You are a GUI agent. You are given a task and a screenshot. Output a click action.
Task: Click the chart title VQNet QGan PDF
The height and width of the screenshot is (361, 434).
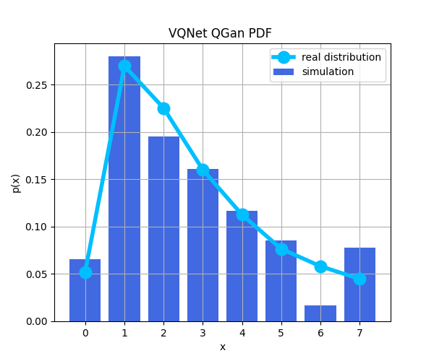click(220, 33)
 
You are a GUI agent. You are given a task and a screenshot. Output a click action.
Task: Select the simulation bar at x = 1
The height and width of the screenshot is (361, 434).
click(124, 195)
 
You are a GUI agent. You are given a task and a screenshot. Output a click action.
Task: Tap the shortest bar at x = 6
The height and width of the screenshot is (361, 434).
click(320, 313)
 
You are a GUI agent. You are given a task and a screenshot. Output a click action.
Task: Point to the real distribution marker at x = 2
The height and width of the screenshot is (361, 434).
click(163, 108)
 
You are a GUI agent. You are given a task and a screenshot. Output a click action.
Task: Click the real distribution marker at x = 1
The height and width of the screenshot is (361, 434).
click(124, 66)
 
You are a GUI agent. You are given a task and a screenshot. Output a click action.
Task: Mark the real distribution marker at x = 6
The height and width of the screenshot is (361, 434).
click(320, 266)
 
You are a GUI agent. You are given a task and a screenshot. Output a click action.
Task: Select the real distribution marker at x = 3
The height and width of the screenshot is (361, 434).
click(203, 170)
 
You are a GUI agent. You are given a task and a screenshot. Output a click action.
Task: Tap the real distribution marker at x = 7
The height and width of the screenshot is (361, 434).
click(359, 279)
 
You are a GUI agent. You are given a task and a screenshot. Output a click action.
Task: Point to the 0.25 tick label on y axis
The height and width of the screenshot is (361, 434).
click(37, 85)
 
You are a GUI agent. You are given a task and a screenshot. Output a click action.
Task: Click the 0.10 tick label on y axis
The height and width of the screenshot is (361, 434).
click(37, 227)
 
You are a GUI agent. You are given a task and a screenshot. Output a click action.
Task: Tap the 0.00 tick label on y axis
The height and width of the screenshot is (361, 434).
click(37, 321)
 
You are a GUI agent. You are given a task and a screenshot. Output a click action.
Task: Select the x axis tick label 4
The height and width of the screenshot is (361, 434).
click(242, 333)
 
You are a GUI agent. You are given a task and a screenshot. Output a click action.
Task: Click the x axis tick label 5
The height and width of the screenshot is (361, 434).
click(281, 333)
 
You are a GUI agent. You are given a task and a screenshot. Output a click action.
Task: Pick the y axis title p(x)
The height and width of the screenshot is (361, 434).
click(16, 182)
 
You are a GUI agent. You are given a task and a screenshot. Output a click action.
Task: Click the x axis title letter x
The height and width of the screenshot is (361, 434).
click(223, 347)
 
